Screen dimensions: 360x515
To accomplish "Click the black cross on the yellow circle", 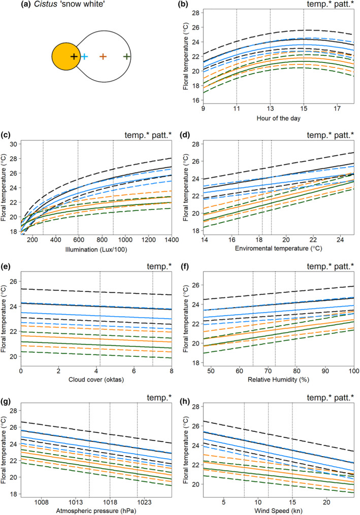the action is click(74, 56).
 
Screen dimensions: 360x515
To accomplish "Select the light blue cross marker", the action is click(84, 56).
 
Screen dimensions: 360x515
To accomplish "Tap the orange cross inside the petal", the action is click(103, 56).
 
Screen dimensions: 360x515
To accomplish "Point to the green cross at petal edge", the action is click(126, 56).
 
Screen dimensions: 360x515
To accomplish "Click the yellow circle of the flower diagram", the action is click(64, 56).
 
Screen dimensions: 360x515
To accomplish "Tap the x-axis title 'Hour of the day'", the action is click(278, 118).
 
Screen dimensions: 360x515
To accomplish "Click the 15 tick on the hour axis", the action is click(304, 108).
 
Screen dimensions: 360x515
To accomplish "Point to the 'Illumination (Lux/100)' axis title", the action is click(96, 250).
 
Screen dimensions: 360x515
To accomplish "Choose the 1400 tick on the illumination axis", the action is click(171, 240).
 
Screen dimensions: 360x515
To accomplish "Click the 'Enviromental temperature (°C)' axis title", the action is click(278, 249).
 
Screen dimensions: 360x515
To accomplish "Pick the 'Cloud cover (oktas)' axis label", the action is click(96, 380).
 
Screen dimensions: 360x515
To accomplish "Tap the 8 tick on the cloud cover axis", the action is click(172, 370).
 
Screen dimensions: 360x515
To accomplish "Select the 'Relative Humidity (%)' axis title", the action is click(278, 380).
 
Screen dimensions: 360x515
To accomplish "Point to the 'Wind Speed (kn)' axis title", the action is click(278, 511).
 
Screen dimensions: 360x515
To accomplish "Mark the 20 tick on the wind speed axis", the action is click(326, 502).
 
